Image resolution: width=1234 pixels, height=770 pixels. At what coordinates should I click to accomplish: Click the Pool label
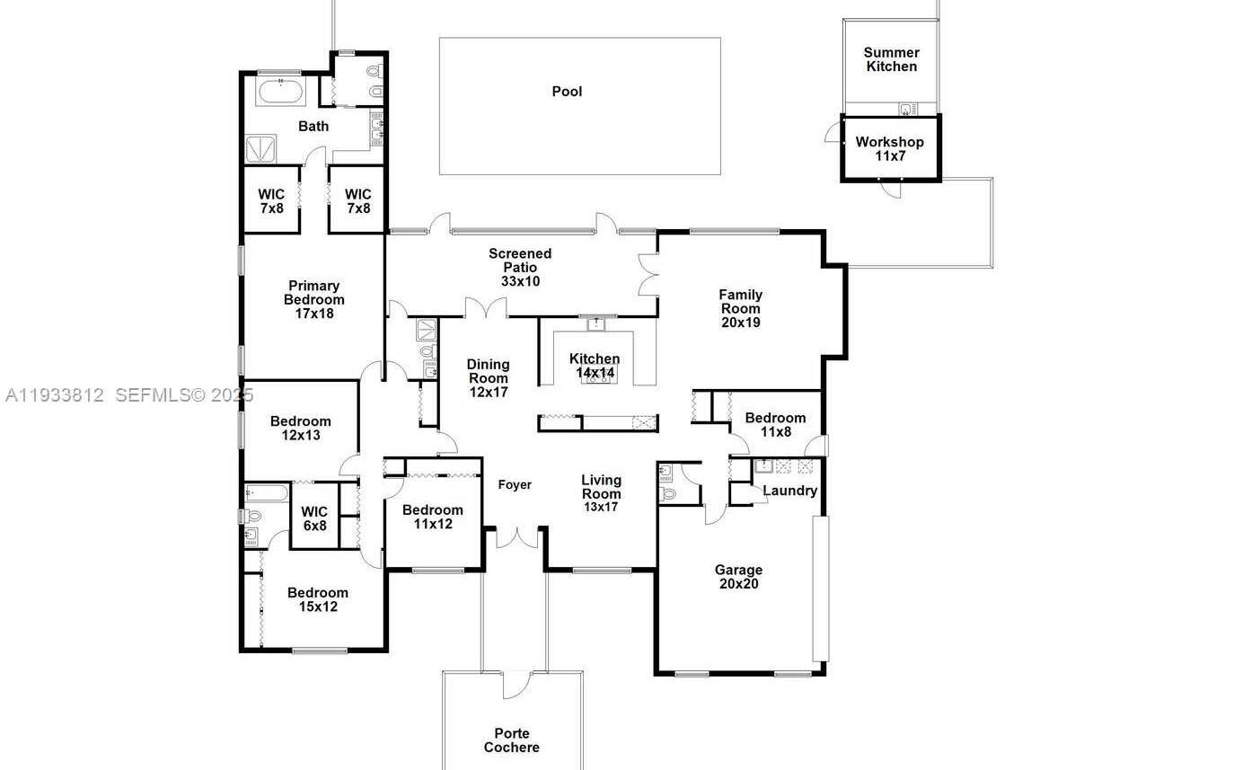tap(567, 92)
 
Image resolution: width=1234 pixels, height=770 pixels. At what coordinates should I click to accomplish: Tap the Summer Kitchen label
tap(891, 59)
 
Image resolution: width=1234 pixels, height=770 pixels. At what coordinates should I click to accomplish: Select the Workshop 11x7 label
tap(889, 149)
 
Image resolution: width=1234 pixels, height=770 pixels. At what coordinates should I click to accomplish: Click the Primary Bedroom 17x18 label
tap(313, 300)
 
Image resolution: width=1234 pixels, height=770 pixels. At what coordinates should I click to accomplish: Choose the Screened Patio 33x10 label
tap(520, 267)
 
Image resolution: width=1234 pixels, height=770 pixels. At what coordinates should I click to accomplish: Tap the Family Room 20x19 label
tap(740, 308)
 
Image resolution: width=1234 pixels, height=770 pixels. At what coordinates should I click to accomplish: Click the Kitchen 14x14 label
tap(595, 366)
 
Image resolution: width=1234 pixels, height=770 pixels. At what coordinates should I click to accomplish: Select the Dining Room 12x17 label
tap(488, 378)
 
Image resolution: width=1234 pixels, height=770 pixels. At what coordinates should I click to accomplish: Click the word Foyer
tap(515, 485)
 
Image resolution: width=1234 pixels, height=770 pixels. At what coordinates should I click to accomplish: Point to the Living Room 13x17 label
tap(601, 493)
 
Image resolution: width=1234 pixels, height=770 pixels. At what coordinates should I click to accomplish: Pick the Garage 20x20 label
tap(738, 577)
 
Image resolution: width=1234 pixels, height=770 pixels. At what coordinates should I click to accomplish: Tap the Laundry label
tap(789, 491)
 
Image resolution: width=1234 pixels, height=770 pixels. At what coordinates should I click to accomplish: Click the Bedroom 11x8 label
tap(775, 424)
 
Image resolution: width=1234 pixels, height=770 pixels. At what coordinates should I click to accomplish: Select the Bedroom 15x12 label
tap(318, 599)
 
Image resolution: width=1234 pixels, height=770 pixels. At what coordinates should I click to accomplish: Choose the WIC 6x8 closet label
tap(314, 518)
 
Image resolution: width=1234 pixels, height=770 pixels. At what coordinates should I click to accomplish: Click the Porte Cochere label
tap(512, 740)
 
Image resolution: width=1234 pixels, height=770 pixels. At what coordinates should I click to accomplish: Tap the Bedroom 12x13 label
tap(300, 428)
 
